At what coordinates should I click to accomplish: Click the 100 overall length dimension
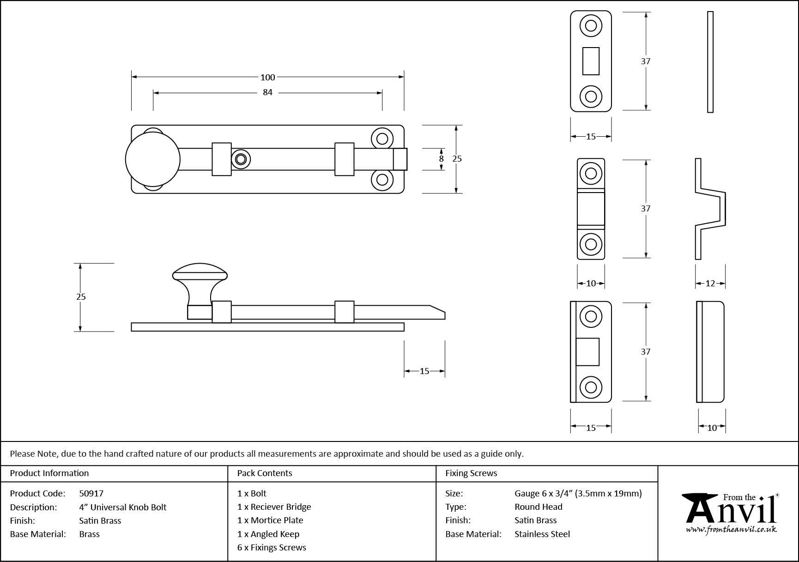click(267, 77)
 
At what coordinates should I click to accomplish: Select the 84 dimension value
click(267, 92)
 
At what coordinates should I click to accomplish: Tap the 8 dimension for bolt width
click(441, 159)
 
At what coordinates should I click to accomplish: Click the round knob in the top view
click(152, 159)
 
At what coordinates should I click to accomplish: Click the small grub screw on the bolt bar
click(240, 159)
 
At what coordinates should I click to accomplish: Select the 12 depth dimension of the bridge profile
click(710, 284)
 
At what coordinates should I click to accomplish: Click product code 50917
click(91, 493)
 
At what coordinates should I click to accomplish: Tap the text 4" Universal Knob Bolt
click(123, 507)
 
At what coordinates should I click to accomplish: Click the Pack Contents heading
click(265, 473)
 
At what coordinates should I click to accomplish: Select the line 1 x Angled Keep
click(268, 534)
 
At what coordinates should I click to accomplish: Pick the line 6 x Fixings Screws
click(272, 548)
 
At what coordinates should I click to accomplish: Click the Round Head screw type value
click(539, 507)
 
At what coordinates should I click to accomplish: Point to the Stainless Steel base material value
click(542, 534)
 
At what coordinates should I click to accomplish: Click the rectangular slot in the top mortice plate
click(591, 61)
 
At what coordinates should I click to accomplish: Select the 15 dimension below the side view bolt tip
click(424, 371)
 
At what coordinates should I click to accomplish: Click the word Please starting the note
click(22, 454)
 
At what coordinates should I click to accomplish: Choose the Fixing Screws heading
click(471, 473)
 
